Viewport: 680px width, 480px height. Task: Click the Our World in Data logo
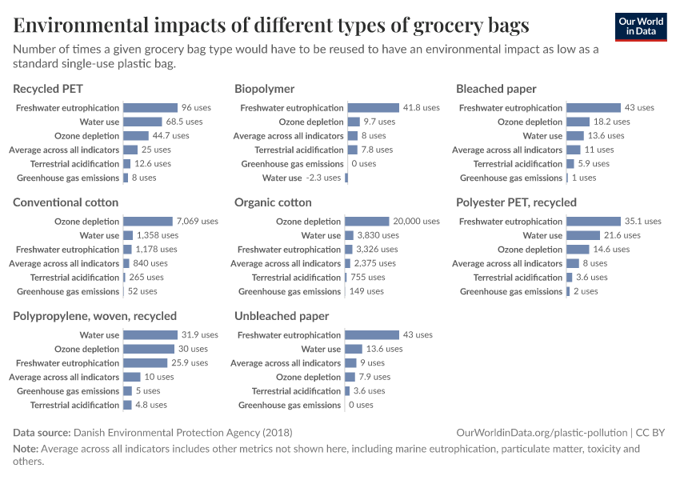pos(641,26)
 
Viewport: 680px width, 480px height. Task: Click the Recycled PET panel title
pos(48,89)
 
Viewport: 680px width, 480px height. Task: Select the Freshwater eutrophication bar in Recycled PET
pos(150,108)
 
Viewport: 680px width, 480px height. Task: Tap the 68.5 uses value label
pos(184,122)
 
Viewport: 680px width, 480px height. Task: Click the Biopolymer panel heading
pos(264,89)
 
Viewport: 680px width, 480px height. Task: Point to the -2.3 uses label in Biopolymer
pos(323,178)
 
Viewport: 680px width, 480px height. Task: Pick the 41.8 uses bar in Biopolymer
pos(373,108)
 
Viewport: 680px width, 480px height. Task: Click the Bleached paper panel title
pos(496,89)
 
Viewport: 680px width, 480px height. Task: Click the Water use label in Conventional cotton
pos(99,235)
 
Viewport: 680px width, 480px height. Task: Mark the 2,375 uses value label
pos(375,263)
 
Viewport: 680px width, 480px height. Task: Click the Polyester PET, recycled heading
pos(516,202)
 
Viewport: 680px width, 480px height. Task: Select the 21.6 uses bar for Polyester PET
pos(583,235)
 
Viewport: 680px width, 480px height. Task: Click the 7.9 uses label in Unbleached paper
pos(374,377)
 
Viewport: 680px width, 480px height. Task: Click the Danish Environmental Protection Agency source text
pos(183,433)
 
